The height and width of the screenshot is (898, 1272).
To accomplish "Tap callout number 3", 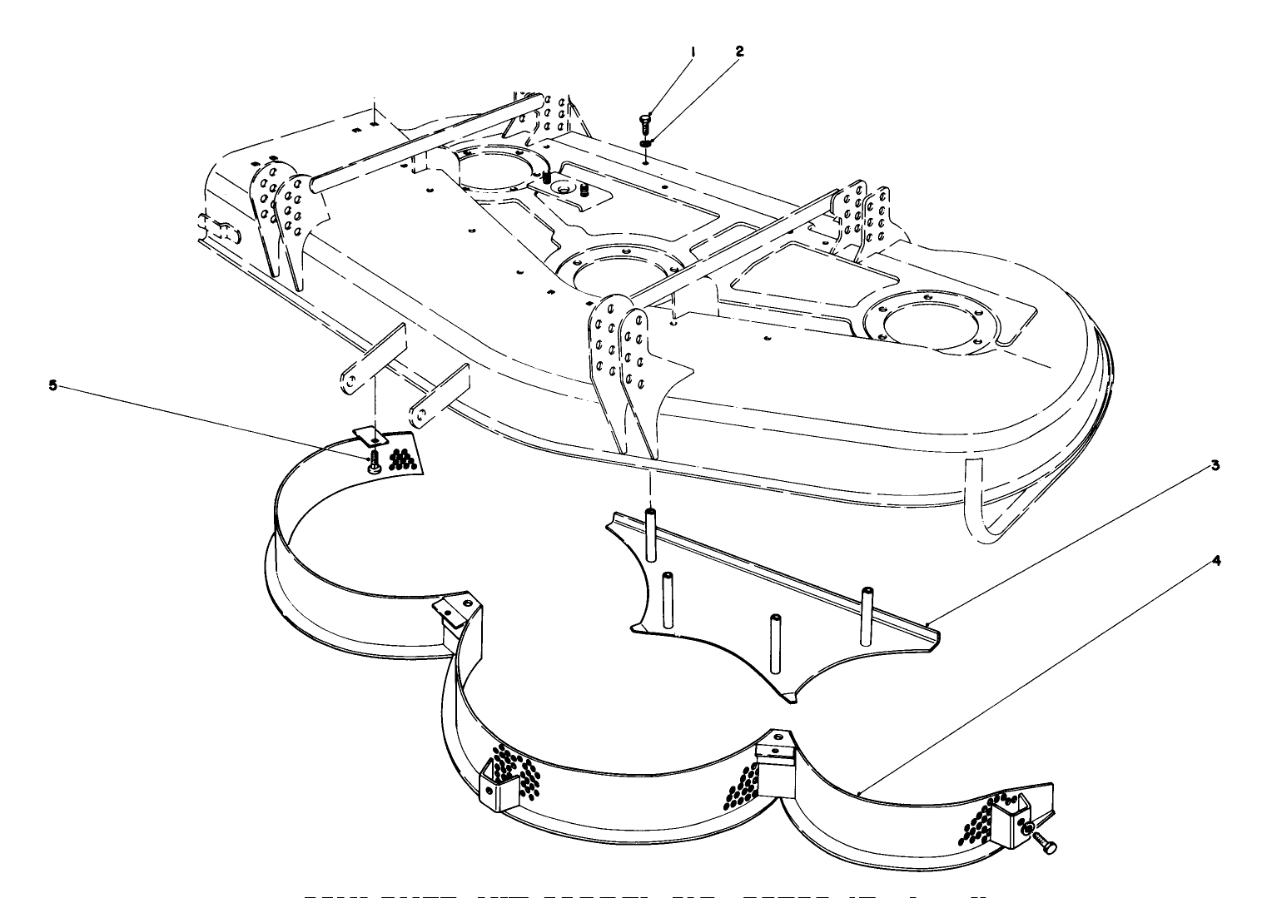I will pyautogui.click(x=1216, y=465).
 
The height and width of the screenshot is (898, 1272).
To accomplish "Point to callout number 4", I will pyautogui.click(x=1216, y=561).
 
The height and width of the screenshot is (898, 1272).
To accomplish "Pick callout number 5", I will pyautogui.click(x=53, y=385).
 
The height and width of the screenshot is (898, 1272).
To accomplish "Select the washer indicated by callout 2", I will pyautogui.click(x=646, y=143).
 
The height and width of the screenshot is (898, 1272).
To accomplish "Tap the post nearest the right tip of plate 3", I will pyautogui.click(x=867, y=614).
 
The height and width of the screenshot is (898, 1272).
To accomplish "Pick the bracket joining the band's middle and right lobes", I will pyautogui.click(x=774, y=755).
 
